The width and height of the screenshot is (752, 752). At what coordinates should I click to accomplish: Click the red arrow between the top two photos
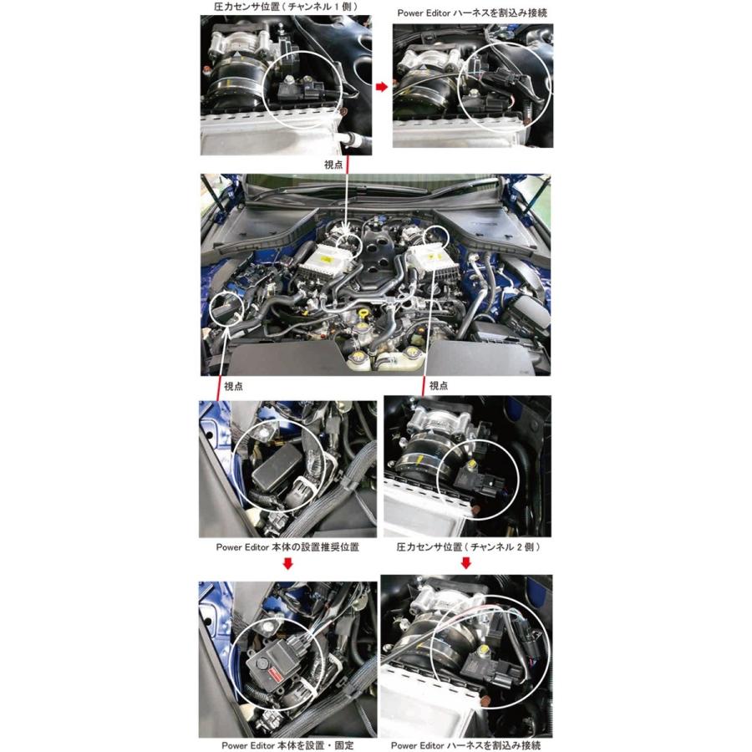381,86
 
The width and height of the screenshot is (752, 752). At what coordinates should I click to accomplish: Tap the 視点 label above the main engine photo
333,165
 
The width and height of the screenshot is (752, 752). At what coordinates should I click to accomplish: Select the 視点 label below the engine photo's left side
234,386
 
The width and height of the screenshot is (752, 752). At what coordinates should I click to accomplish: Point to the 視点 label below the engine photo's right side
438,386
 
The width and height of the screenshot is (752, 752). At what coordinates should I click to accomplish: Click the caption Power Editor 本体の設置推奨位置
287,547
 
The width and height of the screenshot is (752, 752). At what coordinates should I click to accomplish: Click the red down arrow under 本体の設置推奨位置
287,563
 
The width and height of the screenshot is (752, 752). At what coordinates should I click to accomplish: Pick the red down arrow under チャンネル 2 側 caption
465,563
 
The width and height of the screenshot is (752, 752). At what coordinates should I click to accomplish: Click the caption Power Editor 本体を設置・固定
287,744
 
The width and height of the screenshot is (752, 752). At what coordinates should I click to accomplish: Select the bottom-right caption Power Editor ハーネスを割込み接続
465,744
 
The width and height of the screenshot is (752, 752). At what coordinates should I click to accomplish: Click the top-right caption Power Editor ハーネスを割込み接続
471,14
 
